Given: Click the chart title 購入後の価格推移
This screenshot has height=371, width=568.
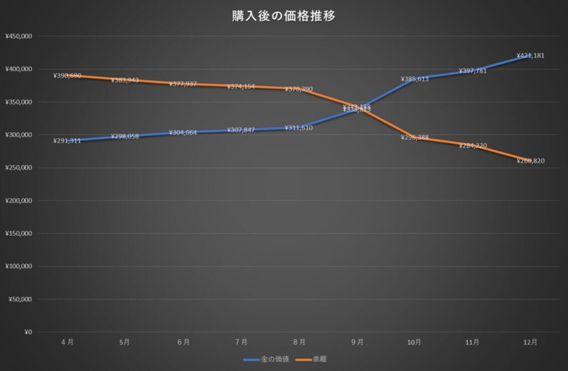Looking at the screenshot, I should (283, 16).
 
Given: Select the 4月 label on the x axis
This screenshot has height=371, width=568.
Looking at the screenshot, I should (67, 342).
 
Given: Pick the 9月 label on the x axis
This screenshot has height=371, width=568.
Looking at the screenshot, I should (357, 342).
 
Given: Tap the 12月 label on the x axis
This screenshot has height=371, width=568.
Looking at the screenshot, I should (530, 342).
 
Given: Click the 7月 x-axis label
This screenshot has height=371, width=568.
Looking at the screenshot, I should (241, 342).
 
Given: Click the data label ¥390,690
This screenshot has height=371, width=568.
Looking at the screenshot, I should (67, 76).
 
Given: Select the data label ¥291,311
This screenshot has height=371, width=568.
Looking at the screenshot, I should (67, 141).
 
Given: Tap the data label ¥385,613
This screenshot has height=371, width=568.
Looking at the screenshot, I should (415, 79).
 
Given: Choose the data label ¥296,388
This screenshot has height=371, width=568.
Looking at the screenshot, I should (415, 138).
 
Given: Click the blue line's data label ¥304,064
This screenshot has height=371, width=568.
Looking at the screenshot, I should (183, 133).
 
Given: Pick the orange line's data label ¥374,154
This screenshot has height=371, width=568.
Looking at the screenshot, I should (241, 87).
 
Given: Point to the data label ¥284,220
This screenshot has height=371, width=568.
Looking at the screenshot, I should (473, 146).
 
